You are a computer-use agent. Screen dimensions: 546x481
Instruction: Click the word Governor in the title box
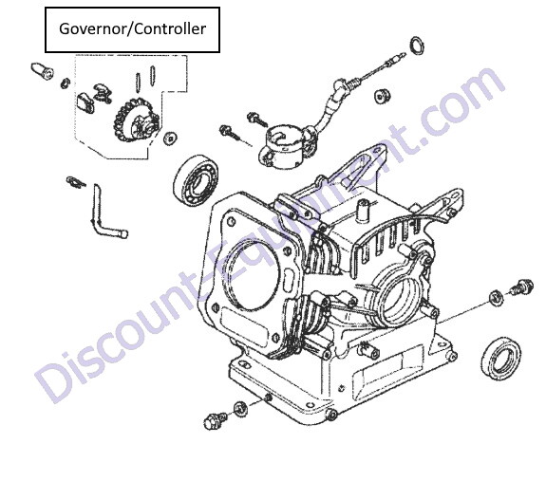pyautogui.click(x=91, y=28)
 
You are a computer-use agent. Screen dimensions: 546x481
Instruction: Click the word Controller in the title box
pyautogui.click(x=170, y=28)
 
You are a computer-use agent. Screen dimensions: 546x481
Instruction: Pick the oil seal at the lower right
pyautogui.click(x=501, y=358)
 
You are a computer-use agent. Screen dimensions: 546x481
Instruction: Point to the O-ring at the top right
pyautogui.click(x=418, y=46)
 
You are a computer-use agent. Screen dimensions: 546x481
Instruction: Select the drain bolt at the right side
pyautogui.click(x=522, y=287)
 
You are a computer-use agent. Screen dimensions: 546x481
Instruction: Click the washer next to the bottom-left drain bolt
pyautogui.click(x=240, y=409)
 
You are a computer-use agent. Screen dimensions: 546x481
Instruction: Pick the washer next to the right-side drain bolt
pyautogui.click(x=496, y=298)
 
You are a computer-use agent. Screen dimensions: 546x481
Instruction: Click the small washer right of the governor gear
pyautogui.click(x=170, y=139)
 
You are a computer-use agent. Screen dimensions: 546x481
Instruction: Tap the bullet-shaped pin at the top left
pyautogui.click(x=43, y=71)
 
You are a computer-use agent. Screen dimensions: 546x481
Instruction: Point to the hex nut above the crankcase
pyautogui.click(x=383, y=96)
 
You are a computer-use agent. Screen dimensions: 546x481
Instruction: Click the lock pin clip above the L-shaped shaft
pyautogui.click(x=76, y=181)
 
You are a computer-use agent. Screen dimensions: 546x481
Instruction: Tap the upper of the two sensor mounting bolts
pyautogui.click(x=257, y=119)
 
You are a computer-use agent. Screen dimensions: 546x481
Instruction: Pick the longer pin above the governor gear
pyautogui.click(x=153, y=76)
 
